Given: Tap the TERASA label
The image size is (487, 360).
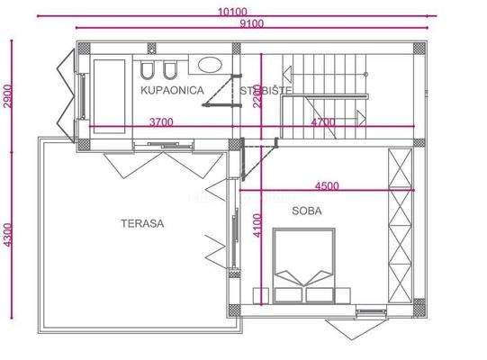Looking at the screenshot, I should tap(143, 223).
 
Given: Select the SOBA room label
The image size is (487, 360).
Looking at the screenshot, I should tap(307, 211).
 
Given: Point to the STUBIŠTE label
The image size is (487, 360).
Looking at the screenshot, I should tap(266, 90).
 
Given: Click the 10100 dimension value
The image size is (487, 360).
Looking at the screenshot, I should tap(232, 11).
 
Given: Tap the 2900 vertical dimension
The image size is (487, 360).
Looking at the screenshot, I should tap(8, 94).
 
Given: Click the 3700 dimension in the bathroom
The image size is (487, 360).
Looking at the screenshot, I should tap(161, 121).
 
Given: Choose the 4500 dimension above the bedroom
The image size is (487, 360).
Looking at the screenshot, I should tap(327, 186).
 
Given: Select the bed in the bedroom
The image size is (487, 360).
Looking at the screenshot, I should tap(304, 263).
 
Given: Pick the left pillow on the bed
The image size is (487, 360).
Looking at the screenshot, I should tap(290, 293).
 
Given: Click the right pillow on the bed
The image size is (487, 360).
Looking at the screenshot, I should tap(320, 293).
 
